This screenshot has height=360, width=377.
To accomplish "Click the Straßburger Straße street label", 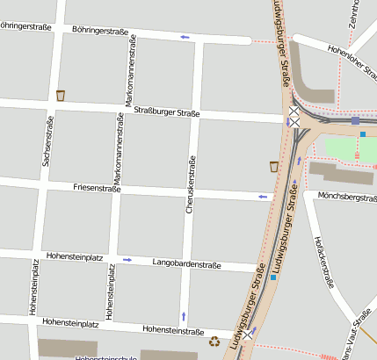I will pos(167,112).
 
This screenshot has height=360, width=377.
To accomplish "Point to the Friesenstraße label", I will pos(97,188).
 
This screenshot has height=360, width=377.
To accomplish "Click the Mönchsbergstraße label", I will pos(346,197).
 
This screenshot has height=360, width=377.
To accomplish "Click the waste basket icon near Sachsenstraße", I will pos(61,95).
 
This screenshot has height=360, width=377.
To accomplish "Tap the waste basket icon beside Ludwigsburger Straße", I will pos(274,166).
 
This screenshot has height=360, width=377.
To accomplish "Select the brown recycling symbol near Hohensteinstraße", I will pos(214,342).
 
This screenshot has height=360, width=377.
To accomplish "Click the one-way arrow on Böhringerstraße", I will pos(185,37).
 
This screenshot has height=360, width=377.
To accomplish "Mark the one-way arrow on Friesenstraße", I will pos(262,197).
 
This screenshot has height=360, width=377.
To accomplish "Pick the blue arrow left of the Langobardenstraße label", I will pos(127,259).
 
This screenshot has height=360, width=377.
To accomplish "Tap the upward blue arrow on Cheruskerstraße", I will pos(183,314).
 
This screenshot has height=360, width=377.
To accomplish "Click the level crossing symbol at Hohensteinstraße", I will pos(253,334).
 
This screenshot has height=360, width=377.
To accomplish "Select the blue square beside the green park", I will pos(362,134).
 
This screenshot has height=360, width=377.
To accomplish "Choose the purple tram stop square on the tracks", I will pos(355,120).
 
